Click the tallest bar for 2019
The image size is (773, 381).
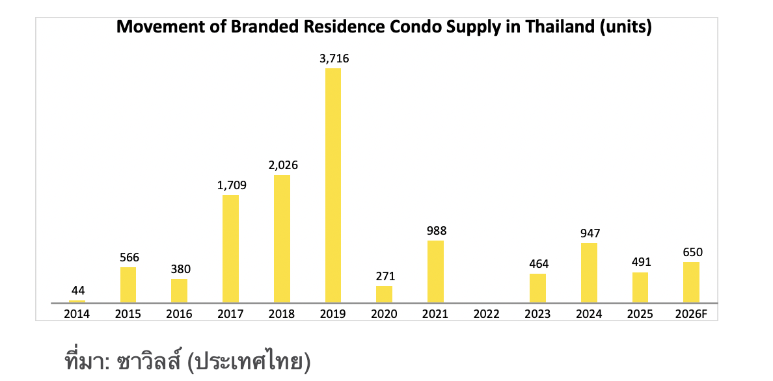[x=332, y=185]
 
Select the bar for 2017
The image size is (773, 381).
[x=230, y=249]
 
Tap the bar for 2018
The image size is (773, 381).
[x=282, y=239]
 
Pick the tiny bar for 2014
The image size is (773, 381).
[x=77, y=301]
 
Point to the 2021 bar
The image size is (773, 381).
[x=435, y=272]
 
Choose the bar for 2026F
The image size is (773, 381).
[x=691, y=282]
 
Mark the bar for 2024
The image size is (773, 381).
[x=589, y=273]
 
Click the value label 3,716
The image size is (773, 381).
[x=334, y=59]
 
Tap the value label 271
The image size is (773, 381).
[x=385, y=276]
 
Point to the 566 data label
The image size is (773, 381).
[x=129, y=257]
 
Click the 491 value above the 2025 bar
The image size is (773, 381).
[x=640, y=263]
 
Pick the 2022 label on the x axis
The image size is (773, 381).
[x=487, y=314]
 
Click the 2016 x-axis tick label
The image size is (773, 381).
[x=180, y=314]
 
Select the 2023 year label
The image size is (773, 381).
[x=537, y=314]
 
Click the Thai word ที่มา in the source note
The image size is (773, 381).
[x=86, y=361]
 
